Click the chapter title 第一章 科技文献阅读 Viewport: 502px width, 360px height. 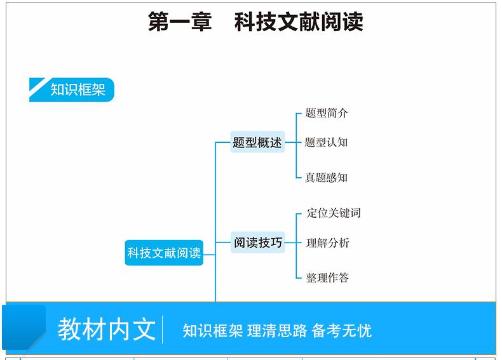(255, 22)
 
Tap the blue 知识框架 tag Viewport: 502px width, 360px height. (78, 90)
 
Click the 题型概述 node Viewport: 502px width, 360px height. (257, 143)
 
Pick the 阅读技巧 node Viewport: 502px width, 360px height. (257, 243)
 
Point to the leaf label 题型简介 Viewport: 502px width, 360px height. (327, 114)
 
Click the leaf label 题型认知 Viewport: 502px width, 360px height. (327, 143)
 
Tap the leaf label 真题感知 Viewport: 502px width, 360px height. (327, 178)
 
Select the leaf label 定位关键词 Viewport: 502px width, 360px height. (334, 213)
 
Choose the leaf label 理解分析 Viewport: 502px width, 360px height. (328, 243)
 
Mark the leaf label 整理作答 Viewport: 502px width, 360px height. (328, 277)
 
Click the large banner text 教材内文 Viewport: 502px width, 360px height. (106, 329)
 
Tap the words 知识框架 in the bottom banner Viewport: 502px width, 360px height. (212, 331)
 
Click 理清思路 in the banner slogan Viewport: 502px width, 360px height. (277, 331)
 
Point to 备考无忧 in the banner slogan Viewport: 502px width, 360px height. (342, 331)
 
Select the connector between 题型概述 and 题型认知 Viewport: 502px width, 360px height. (292, 143)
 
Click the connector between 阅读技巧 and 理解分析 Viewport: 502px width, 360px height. (292, 243)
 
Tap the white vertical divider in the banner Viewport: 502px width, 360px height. (163, 330)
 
